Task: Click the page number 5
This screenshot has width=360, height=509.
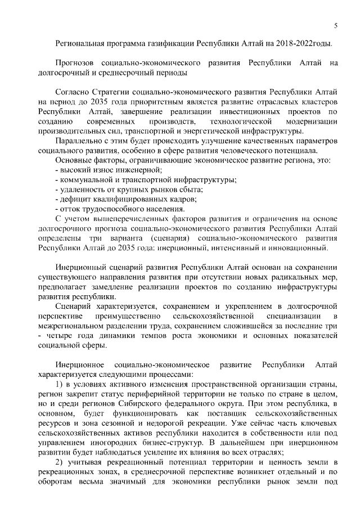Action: pyautogui.click(x=335, y=25)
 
